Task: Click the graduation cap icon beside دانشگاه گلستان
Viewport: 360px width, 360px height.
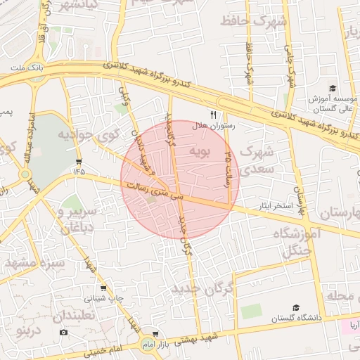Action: [x=296, y=307]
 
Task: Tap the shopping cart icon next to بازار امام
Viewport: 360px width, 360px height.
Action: [x=155, y=334]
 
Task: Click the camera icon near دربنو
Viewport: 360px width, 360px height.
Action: [x=64, y=332]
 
